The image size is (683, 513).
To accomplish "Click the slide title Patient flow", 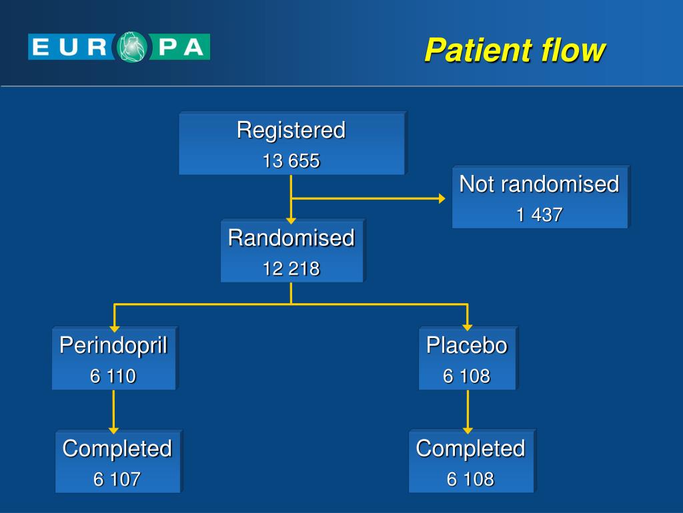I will point(514,51).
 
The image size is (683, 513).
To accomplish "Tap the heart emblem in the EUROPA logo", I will point(134,47).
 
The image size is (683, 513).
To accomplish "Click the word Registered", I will point(291,130).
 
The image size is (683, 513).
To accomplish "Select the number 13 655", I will point(291,161).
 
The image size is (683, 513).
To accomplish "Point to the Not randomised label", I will point(539,184).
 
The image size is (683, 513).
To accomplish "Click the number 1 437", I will point(539,214).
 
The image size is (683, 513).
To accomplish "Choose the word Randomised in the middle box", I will point(291,238).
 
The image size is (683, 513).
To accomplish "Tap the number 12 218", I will point(291,269).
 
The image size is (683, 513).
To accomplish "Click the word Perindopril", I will point(113,345).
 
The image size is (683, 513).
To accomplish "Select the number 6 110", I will point(113,376).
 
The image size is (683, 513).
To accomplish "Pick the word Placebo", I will point(467,345).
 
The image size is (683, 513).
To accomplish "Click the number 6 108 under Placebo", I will point(467,376).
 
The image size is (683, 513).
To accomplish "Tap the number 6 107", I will point(117,479).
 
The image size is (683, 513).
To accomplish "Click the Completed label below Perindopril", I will point(117,448).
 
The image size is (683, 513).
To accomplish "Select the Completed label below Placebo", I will point(470,448).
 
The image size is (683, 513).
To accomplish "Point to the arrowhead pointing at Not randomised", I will point(442,198).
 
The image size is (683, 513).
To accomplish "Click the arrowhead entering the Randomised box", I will point(291,219).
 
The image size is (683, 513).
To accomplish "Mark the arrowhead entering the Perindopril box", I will point(114,328).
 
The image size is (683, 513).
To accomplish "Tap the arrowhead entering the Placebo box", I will point(468,328).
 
